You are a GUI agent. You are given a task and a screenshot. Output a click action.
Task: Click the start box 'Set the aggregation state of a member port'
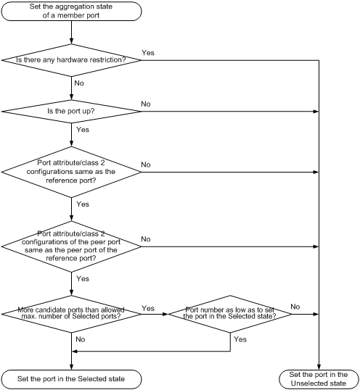pos(71,11)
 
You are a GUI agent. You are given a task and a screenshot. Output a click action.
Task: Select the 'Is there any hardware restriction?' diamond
pos(71,60)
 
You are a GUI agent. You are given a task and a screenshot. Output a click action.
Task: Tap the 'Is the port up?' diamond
pos(71,112)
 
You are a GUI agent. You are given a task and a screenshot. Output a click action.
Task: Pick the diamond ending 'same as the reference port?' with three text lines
pos(71,172)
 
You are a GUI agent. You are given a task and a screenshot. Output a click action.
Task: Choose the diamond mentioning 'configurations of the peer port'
pos(71,246)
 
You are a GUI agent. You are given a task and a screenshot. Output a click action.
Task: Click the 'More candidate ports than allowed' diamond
pos(71,314)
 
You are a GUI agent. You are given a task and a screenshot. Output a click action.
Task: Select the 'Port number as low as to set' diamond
pos(230,314)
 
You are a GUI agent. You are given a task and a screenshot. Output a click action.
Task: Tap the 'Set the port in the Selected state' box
pos(71,379)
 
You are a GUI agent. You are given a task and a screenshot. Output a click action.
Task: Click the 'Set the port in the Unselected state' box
pos(319,379)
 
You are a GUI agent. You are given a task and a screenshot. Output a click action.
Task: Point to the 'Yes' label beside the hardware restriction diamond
pos(148,53)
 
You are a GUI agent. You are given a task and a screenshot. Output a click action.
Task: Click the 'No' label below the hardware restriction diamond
pos(79,83)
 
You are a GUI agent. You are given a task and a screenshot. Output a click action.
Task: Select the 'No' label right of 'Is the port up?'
pos(146,104)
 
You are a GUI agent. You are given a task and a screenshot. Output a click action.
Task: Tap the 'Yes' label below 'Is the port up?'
pos(83,130)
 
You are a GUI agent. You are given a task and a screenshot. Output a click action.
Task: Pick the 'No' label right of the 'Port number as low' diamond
pos(295,307)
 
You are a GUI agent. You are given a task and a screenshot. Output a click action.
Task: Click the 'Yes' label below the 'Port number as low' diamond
pos(240,339)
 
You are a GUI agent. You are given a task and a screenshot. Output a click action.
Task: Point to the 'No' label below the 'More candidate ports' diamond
pos(81,339)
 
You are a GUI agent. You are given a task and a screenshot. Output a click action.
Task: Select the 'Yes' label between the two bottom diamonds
pos(148,308)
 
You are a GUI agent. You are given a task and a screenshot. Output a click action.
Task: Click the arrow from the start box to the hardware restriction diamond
pos(71,33)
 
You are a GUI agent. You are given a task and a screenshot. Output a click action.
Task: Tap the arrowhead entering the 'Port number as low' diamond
pos(165,314)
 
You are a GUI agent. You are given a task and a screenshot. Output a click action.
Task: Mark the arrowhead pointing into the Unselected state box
pos(319,367)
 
